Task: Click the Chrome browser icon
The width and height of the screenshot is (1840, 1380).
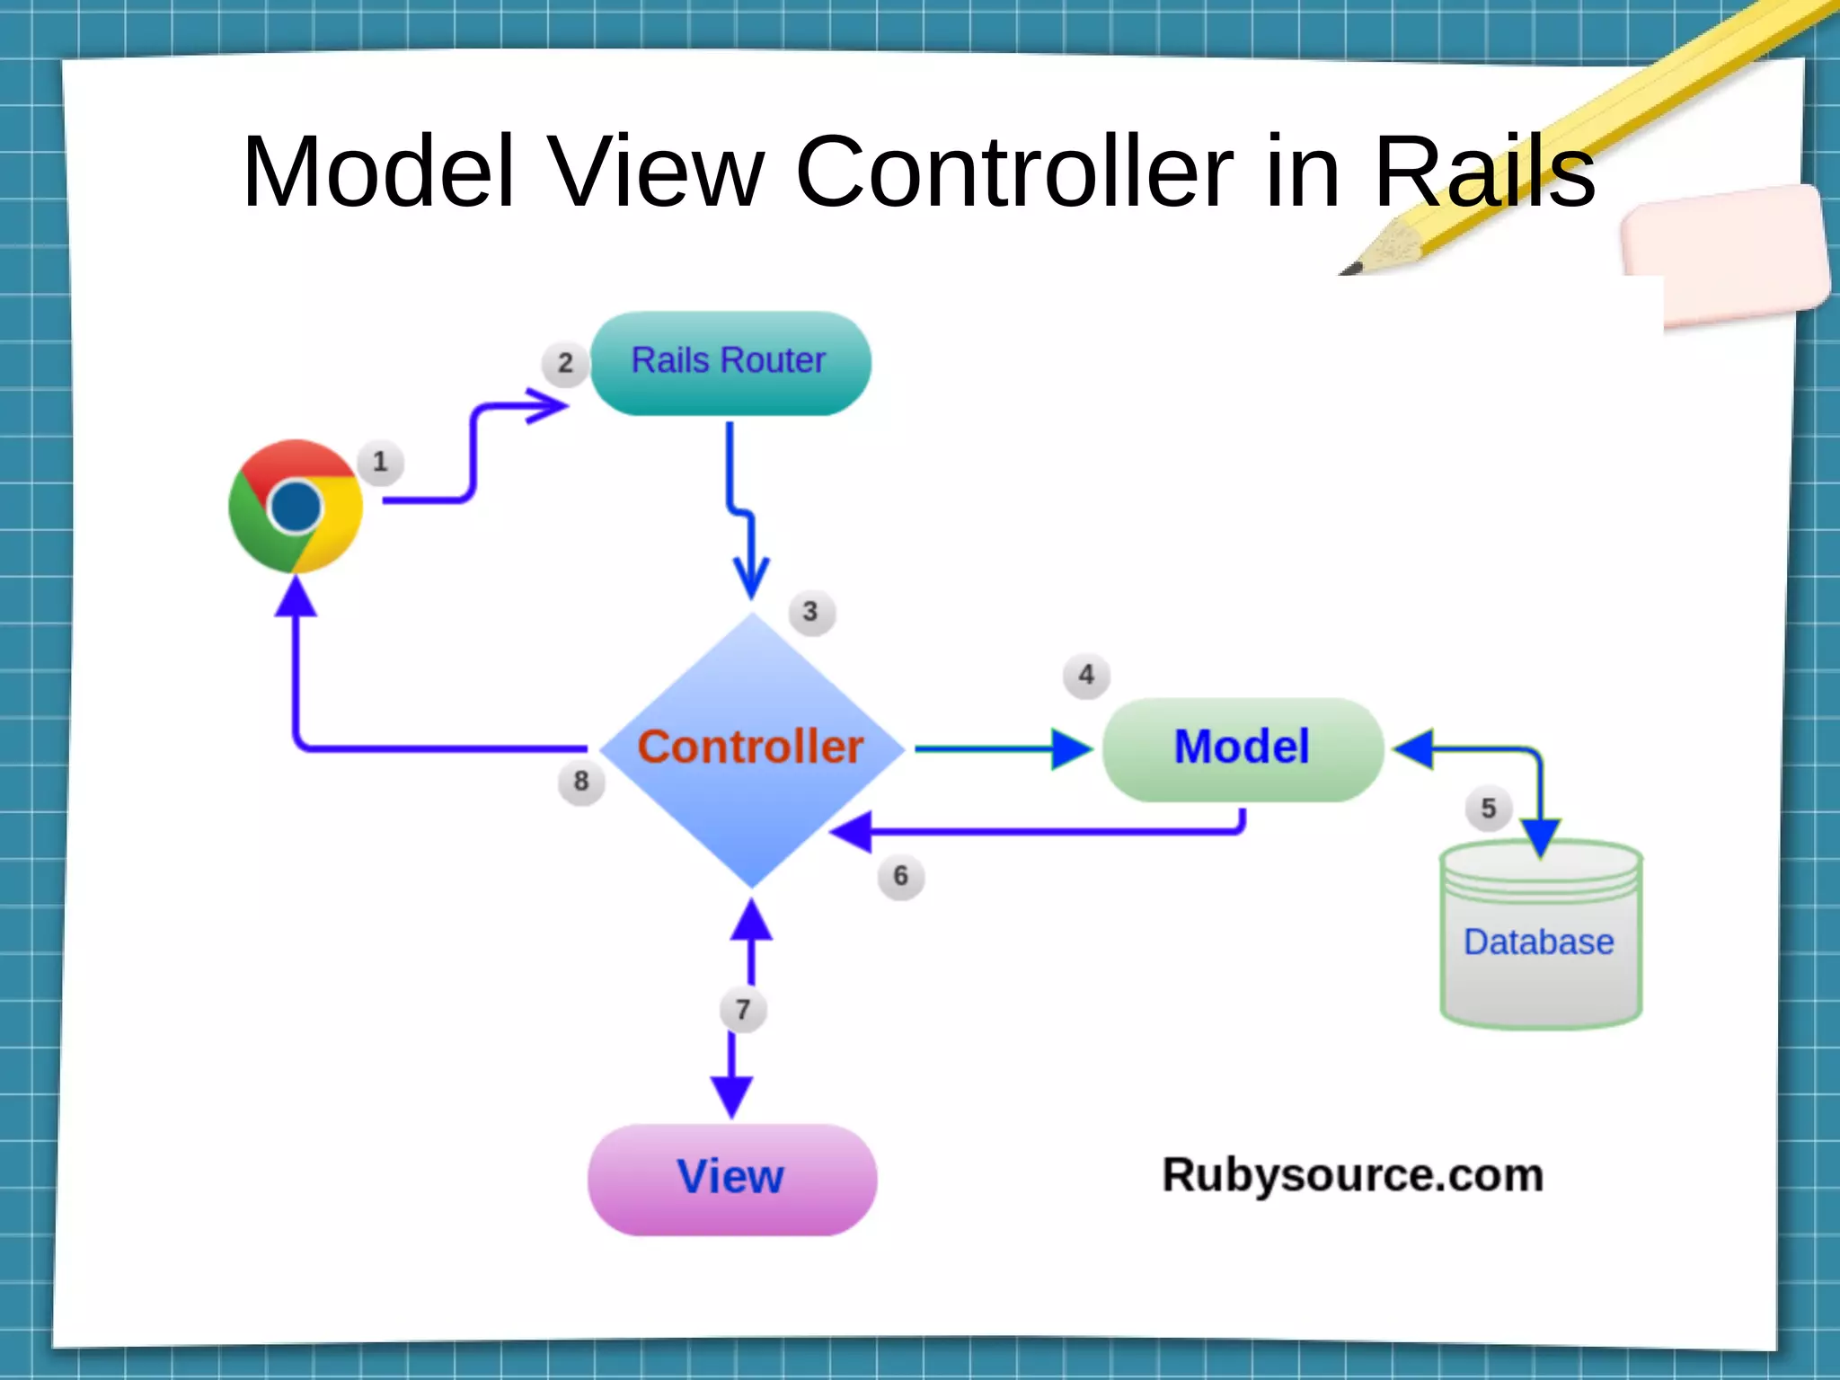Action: (296, 507)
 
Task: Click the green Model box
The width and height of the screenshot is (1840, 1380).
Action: (1243, 749)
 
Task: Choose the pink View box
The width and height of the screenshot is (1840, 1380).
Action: (731, 1179)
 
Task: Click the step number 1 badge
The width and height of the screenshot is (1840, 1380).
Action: (380, 463)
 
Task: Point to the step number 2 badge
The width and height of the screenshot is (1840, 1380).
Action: (565, 363)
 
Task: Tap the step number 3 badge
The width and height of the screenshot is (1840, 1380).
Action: (810, 612)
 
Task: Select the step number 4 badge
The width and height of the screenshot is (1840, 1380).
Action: (1086, 675)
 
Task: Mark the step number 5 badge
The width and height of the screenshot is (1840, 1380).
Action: (1489, 809)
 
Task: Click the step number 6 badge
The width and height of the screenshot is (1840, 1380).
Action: (900, 876)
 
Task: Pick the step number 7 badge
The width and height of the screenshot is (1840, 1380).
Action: (743, 1010)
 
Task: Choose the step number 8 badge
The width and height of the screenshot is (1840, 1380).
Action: (581, 781)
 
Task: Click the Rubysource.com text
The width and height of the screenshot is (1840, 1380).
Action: (1352, 1175)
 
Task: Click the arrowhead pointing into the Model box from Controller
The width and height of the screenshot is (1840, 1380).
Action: (1071, 749)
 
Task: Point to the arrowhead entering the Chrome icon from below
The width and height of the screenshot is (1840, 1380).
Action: (296, 597)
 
